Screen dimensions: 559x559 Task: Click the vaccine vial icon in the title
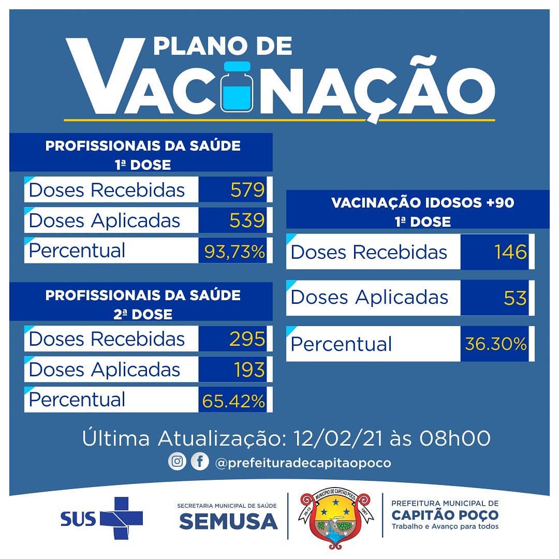click(x=237, y=87)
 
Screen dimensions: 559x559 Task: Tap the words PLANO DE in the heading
click(x=223, y=46)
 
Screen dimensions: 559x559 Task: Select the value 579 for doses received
click(x=247, y=189)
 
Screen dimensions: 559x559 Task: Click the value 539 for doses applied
click(x=247, y=220)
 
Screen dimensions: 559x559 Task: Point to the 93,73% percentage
click(x=234, y=252)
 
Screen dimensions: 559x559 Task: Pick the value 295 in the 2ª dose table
click(x=247, y=339)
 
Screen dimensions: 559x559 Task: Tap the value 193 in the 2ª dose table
click(x=249, y=370)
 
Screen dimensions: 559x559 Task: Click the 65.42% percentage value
click(x=233, y=401)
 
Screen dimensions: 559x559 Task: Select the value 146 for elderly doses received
click(x=510, y=252)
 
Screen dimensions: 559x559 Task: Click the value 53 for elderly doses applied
click(x=515, y=298)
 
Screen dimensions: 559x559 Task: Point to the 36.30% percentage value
click(x=496, y=344)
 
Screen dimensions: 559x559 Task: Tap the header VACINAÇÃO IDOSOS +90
click(x=423, y=202)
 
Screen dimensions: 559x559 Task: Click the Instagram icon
click(x=177, y=461)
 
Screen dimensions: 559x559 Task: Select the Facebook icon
click(x=200, y=461)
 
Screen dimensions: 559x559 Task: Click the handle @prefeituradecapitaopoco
click(x=303, y=463)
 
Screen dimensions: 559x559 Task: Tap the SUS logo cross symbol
click(x=122, y=518)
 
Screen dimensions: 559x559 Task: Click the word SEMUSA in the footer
click(x=229, y=522)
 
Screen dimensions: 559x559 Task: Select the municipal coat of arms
click(x=335, y=518)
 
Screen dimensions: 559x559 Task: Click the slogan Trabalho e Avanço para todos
click(x=445, y=526)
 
